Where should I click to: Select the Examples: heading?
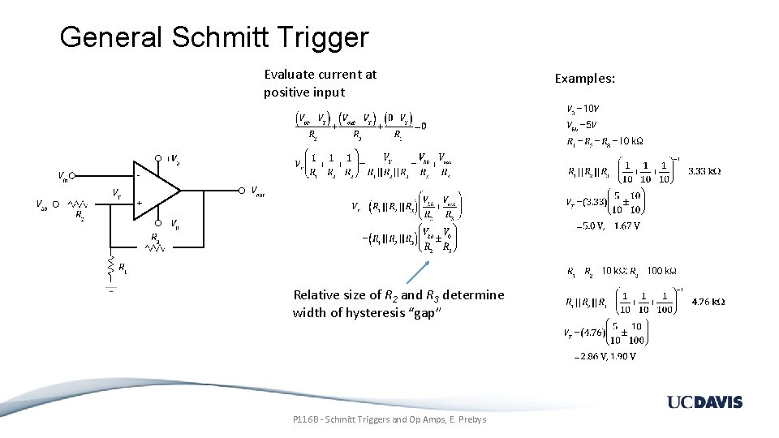coord(584,79)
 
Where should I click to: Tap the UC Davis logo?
coord(704,402)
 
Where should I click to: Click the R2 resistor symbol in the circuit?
coord(78,204)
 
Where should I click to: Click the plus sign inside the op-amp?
coord(140,202)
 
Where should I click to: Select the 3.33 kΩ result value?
coord(704,172)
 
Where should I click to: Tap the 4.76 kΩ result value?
coord(708,302)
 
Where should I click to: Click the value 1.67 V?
coord(627,226)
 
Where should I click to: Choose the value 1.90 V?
coord(622,356)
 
